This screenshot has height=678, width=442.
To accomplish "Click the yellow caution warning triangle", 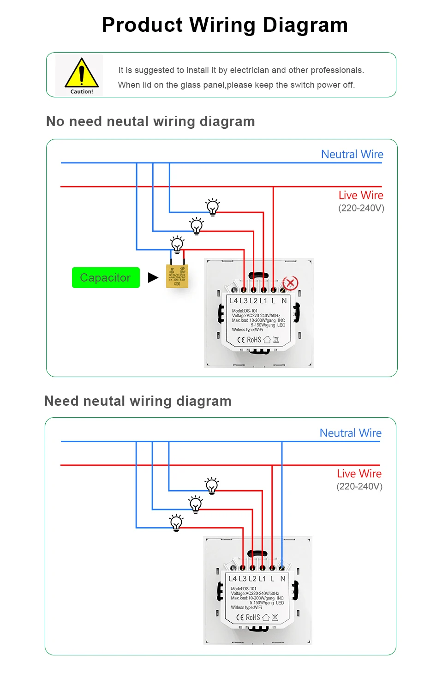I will tap(82, 73).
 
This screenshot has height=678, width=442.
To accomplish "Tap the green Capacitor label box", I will tap(106, 278).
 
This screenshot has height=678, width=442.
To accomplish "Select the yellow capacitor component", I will tap(177, 276).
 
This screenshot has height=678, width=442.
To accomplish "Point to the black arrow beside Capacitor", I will tap(153, 277).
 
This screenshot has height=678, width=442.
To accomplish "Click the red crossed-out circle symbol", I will tap(291, 283).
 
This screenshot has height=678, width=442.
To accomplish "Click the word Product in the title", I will tap(143, 25).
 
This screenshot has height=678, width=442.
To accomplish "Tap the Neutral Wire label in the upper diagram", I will tap(352, 154).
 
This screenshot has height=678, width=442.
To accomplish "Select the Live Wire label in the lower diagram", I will tap(359, 474).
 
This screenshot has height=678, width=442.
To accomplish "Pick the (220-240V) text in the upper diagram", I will tap(361, 208).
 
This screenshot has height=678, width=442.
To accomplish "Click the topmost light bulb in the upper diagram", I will tap(213, 207).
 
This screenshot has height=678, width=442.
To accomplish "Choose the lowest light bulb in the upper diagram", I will tap(177, 244).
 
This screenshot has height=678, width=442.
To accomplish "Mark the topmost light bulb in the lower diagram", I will tap(212, 486).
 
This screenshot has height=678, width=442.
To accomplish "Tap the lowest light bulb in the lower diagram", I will tap(176, 522).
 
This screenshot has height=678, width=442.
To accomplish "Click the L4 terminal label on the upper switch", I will tap(234, 301).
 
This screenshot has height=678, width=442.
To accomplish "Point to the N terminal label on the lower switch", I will tap(283, 579).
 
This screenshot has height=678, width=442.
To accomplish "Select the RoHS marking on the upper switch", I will tap(254, 340).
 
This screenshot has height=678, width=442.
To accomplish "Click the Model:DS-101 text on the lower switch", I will tap(244, 588).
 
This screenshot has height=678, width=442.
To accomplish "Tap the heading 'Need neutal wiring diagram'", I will tap(138, 401).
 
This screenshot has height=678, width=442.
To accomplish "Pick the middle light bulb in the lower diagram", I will tap(196, 504).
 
